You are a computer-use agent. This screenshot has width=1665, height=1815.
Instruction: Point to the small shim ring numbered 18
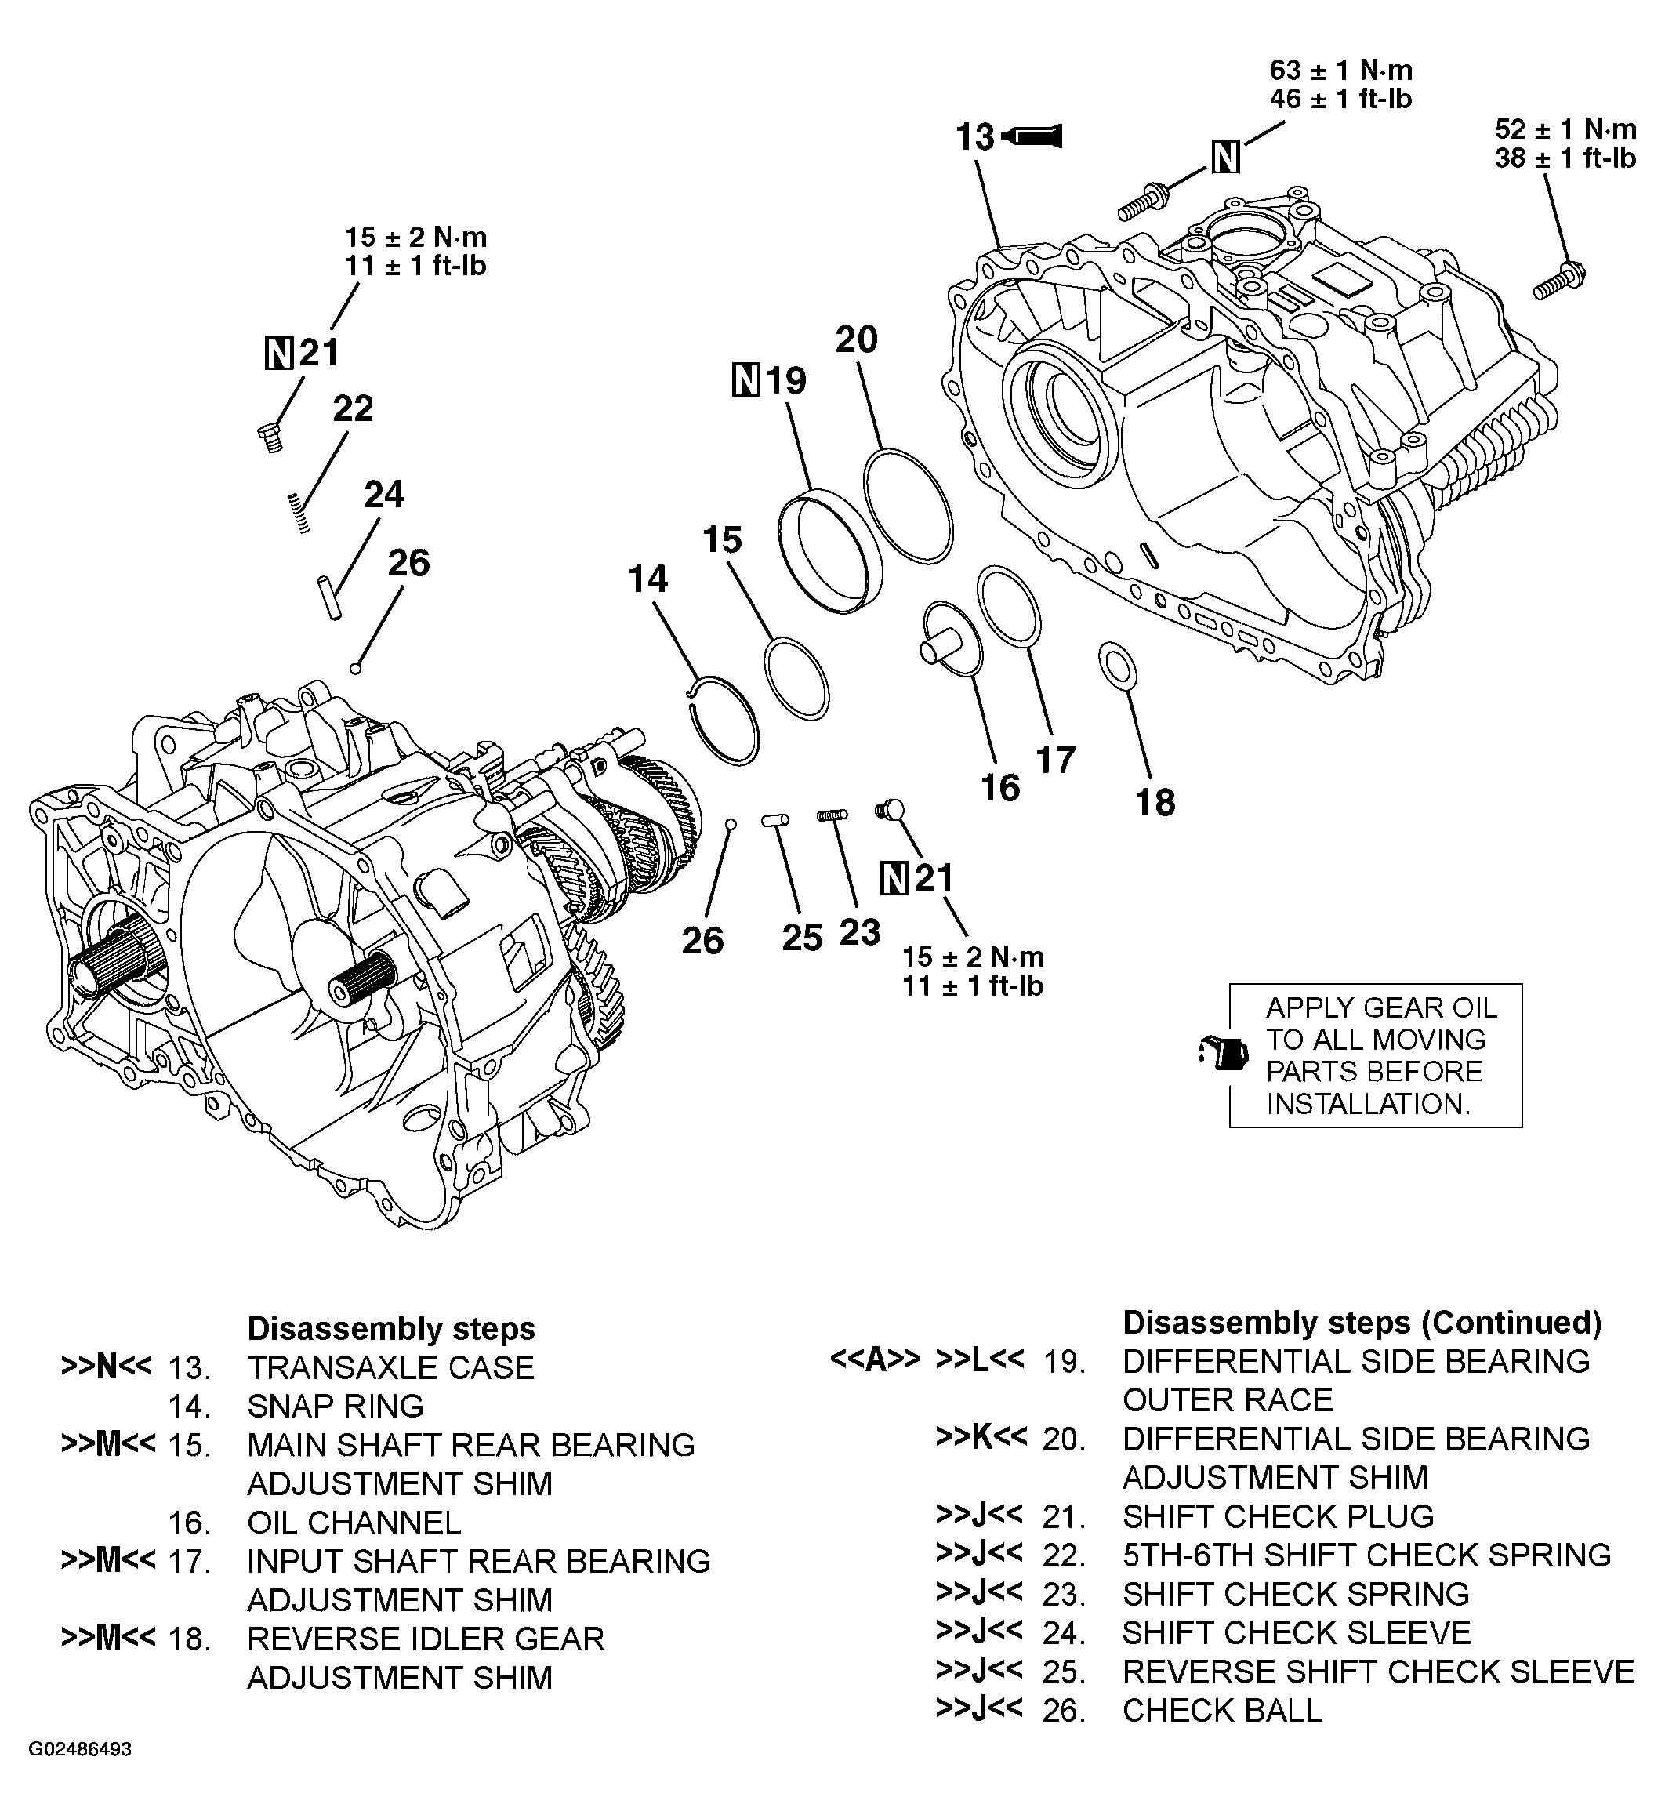point(1118,667)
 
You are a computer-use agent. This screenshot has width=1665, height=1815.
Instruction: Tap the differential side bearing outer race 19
point(829,550)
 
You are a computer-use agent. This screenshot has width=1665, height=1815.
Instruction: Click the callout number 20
point(856,339)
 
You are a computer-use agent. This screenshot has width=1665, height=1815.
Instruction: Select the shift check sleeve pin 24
point(330,597)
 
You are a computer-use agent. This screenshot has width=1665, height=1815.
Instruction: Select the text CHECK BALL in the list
point(1222,1710)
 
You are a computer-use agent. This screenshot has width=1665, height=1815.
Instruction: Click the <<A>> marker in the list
point(875,1359)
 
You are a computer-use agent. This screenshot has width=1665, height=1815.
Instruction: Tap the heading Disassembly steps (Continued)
point(1362,1322)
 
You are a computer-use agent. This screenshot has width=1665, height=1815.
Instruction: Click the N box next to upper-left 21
point(279,352)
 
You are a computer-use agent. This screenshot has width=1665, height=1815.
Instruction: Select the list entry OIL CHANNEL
point(354,1522)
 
